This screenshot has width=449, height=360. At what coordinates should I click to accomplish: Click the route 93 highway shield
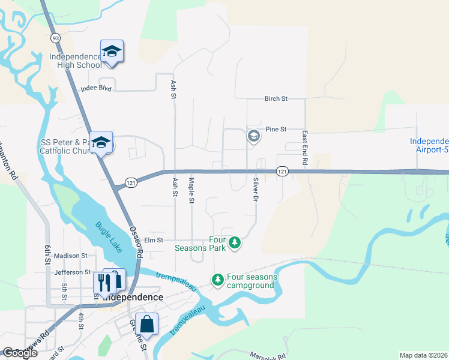[56, 38]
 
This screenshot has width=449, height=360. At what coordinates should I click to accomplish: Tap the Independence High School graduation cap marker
[112, 50]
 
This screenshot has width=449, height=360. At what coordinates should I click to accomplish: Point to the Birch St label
[276, 98]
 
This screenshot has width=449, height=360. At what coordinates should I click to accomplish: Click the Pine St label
[276, 129]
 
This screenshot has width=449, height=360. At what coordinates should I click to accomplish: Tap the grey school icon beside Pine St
[253, 136]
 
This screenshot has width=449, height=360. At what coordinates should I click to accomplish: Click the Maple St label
[191, 190]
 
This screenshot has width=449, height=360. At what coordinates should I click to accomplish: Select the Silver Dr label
[256, 189]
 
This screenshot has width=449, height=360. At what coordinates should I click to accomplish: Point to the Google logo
[20, 353]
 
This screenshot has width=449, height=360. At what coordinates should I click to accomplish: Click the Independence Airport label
[429, 146]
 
